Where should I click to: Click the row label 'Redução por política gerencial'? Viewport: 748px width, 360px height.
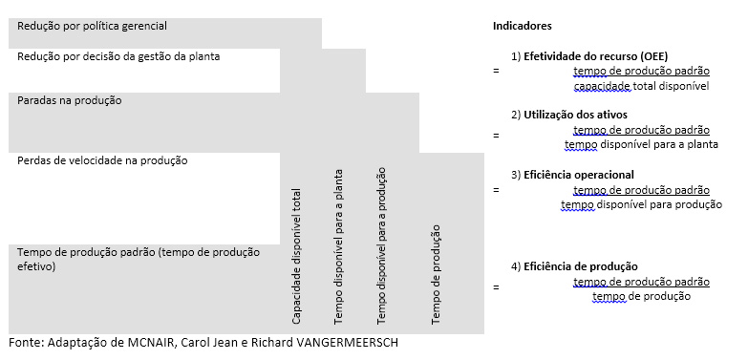pyautogui.click(x=92, y=26)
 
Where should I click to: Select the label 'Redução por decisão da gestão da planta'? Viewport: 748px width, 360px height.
pyautogui.click(x=119, y=56)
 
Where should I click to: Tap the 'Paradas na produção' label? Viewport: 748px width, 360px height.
pyautogui.click(x=70, y=100)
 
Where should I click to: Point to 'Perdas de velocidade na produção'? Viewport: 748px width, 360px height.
pyautogui.click(x=102, y=160)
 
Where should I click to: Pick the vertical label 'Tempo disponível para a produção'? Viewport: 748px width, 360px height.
pyautogui.click(x=381, y=244)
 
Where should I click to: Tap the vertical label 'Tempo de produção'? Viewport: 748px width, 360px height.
pyautogui.click(x=436, y=273)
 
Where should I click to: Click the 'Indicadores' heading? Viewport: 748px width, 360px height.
pyautogui.click(x=522, y=26)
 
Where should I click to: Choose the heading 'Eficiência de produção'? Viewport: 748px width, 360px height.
pyautogui.click(x=580, y=266)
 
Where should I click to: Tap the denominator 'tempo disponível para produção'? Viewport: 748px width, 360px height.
pyautogui.click(x=641, y=204)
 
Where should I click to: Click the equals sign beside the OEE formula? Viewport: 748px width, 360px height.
pyautogui.click(x=496, y=72)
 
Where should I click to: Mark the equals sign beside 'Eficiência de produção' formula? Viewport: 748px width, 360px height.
pyautogui.click(x=496, y=286)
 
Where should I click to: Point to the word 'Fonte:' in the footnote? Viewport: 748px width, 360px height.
pyautogui.click(x=25, y=343)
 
